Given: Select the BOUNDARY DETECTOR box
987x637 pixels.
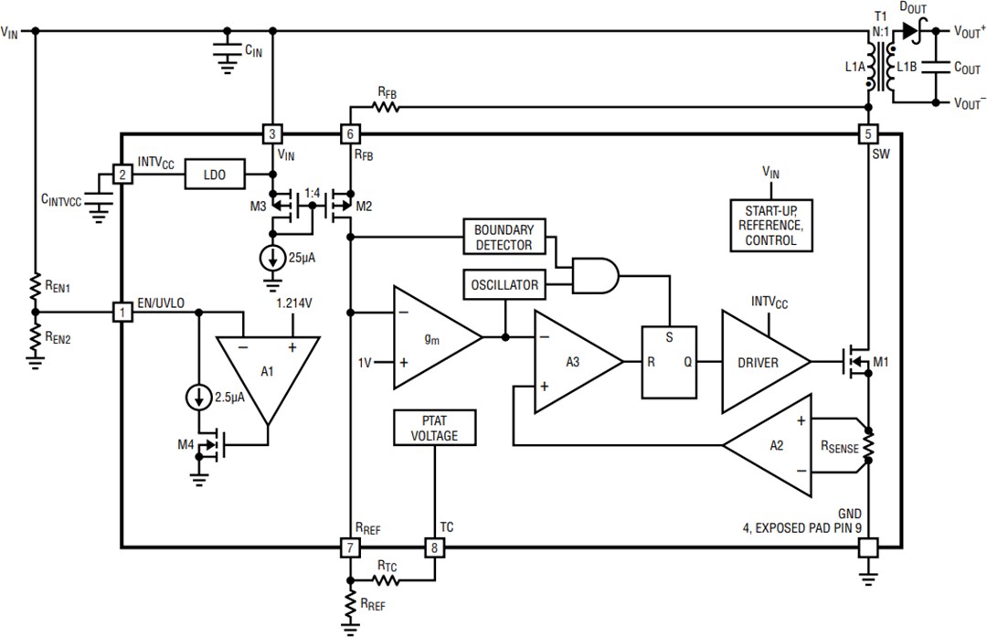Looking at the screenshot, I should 503,237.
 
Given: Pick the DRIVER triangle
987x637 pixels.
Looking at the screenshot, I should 759,362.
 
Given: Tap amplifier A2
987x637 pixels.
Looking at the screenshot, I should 773,445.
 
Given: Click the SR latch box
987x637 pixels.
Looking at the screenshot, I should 669,362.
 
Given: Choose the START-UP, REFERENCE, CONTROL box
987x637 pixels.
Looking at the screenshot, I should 770,225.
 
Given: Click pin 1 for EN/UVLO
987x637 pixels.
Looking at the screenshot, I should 121,313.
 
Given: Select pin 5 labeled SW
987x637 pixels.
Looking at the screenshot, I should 867,133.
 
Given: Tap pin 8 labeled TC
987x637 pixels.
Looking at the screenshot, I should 435,548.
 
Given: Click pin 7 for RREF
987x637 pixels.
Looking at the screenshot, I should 350,548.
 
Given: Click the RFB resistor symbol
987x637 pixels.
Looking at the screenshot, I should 387,107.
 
